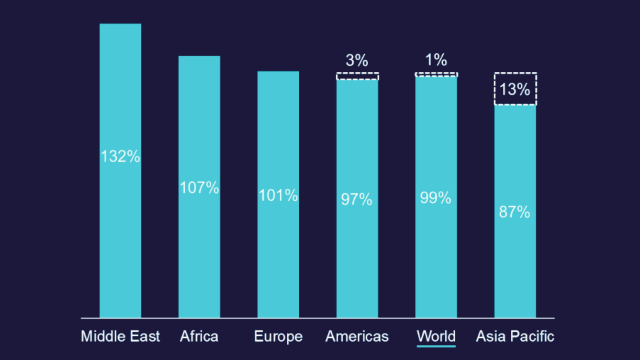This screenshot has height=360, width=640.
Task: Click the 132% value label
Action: [x=120, y=156]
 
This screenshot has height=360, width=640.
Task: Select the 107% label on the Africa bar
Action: [x=199, y=188]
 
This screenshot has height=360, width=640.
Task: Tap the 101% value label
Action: [x=278, y=196]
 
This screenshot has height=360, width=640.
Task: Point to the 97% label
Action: [x=356, y=199]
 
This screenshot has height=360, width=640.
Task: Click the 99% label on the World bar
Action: [x=436, y=198]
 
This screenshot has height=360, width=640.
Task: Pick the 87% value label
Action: [x=514, y=212]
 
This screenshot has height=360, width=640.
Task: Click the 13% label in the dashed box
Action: [x=515, y=89]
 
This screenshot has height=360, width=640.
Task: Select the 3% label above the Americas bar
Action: [x=357, y=60]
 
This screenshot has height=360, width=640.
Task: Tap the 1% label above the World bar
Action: [x=436, y=60]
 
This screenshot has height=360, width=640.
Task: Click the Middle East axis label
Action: [x=120, y=336]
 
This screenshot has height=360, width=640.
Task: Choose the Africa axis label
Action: [x=199, y=336]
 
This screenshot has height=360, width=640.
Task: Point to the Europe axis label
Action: [x=278, y=337]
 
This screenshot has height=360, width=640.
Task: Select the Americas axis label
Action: [x=357, y=336]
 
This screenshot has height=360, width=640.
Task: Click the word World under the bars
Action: [x=436, y=336]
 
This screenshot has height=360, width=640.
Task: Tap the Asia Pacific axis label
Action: [x=515, y=336]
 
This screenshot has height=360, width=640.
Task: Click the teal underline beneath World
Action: [x=436, y=346]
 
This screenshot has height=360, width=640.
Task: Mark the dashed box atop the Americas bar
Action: [x=357, y=76]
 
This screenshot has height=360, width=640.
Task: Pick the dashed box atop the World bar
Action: [x=436, y=74]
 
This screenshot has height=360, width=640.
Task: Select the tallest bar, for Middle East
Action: [x=120, y=240]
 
